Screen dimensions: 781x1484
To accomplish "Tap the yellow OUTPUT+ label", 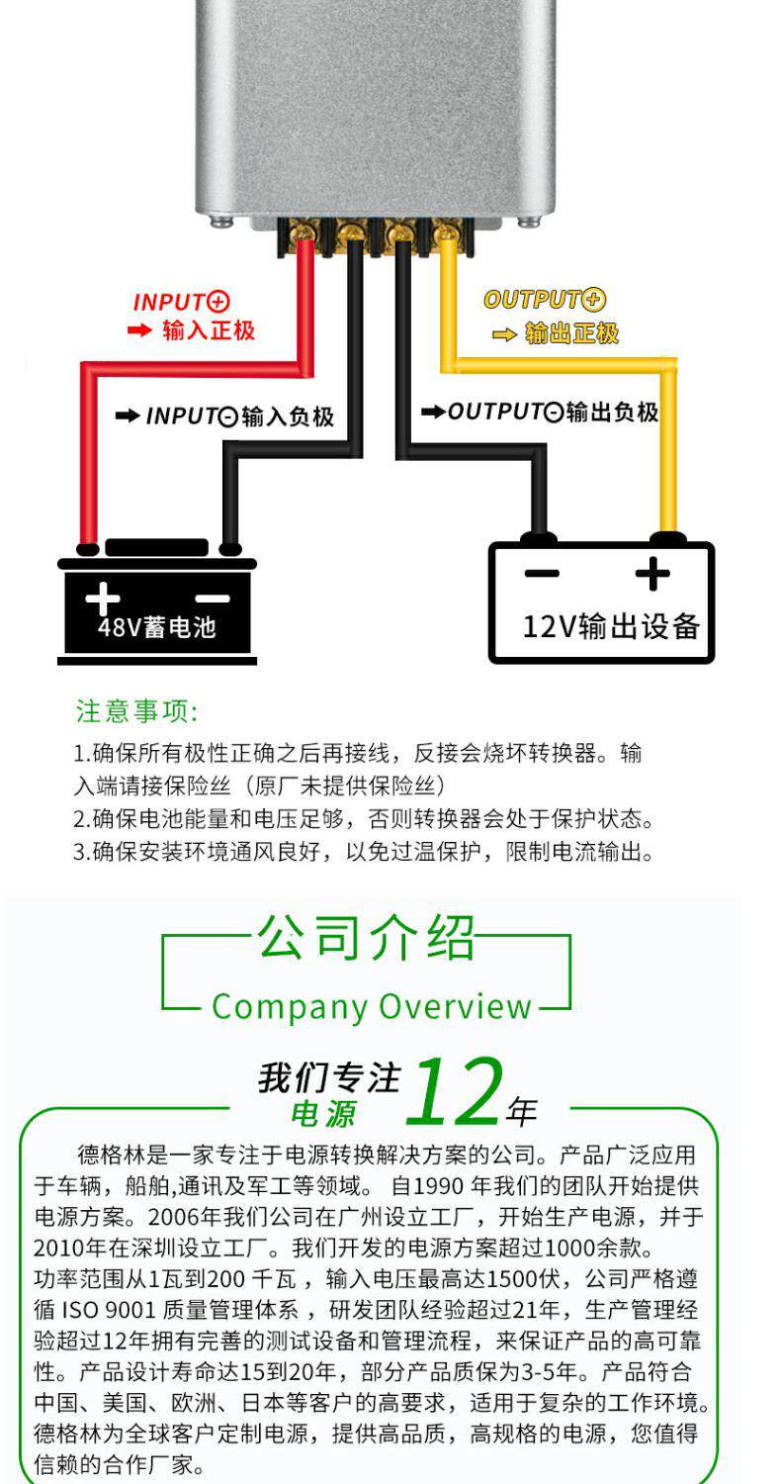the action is click(544, 300).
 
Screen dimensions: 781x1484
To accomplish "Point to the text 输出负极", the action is click(612, 412).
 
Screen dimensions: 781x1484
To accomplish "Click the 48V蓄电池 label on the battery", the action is click(156, 627).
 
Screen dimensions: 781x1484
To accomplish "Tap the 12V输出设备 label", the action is click(611, 625).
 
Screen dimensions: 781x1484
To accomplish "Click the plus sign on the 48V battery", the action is click(102, 597).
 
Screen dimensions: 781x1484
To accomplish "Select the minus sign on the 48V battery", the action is click(212, 598).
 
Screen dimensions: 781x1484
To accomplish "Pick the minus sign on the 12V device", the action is click(541, 573).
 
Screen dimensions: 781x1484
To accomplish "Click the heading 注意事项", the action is click(136, 711).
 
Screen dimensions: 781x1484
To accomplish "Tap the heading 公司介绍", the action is click(367, 938).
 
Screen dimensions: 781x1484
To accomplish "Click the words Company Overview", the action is click(372, 1006).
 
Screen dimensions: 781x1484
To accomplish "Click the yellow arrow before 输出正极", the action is click(504, 334).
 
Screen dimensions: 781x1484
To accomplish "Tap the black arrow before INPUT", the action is click(128, 417).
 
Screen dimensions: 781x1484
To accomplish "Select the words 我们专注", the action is click(329, 1077).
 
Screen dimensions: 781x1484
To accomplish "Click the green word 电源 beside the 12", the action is click(322, 1115).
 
